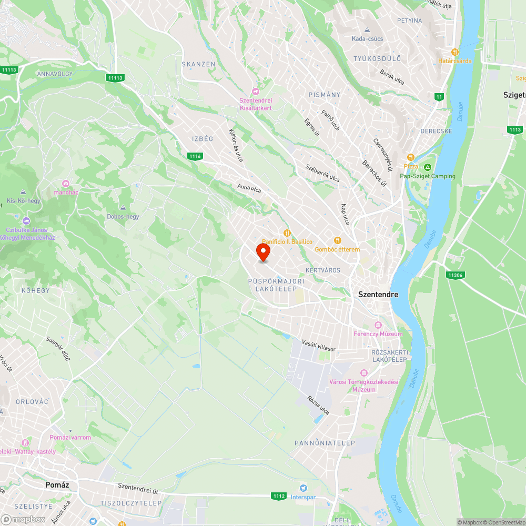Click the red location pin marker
(263, 252)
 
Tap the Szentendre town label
(378, 295)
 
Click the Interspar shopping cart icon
(303, 489)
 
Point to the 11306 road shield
(454, 275)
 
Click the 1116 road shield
(195, 156)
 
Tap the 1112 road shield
(279, 495)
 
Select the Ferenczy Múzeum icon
(378, 325)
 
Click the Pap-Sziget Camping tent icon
(427, 167)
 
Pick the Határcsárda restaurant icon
(455, 52)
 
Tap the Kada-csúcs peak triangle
(368, 29)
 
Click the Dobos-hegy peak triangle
(123, 207)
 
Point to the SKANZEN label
(199, 64)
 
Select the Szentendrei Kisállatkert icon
(256, 92)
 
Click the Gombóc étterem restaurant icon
(338, 240)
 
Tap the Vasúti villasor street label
(319, 346)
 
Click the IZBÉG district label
(203, 139)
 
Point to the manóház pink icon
(66, 183)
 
